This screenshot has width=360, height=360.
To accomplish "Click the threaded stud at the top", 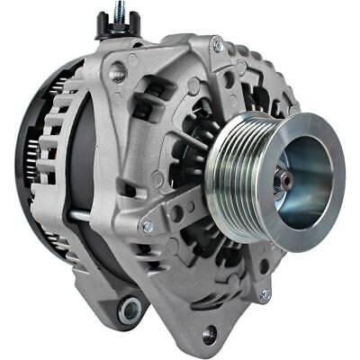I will pos(118,11).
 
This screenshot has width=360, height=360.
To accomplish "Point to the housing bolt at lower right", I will pos(265,293).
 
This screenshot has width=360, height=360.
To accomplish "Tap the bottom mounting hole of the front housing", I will pos(210,336).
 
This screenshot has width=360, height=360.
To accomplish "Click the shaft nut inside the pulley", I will pos(287,180).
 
